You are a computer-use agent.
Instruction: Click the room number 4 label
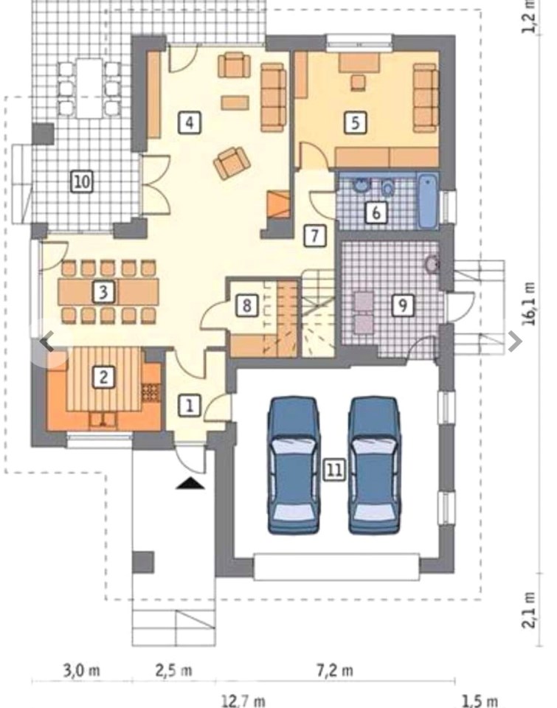(190, 122)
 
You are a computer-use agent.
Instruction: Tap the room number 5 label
(355, 122)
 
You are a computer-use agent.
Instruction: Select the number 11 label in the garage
(334, 470)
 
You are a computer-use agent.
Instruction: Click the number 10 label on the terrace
(82, 181)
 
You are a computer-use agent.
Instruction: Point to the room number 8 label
(246, 305)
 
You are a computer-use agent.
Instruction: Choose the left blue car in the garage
(293, 465)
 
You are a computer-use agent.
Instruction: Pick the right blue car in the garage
(375, 465)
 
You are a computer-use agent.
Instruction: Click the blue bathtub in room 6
(427, 201)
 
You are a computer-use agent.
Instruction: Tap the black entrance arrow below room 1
(190, 483)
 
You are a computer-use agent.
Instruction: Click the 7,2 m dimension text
(334, 670)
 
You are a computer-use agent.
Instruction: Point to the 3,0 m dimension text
(81, 670)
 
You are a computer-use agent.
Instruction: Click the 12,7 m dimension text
(243, 701)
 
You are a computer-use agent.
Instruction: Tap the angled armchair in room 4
(232, 162)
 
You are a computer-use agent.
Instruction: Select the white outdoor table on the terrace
(89, 88)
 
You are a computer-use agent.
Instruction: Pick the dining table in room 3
(108, 291)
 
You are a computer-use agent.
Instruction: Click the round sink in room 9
(432, 265)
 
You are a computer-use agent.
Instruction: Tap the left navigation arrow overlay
(46, 341)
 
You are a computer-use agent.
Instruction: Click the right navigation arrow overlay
(514, 341)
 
